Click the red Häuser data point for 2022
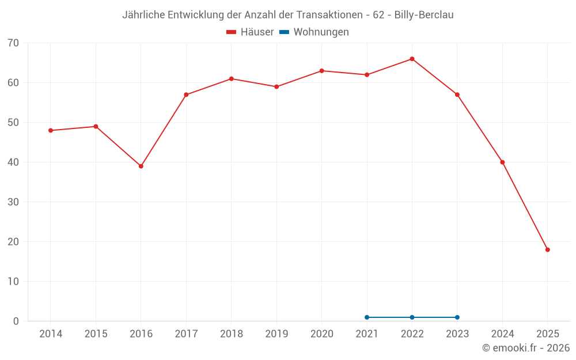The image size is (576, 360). click(412, 59)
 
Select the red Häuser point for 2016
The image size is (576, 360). click(141, 166)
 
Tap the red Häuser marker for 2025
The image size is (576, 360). click(547, 250)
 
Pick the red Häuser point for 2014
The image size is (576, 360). click(51, 131)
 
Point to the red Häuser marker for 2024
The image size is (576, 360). click(502, 162)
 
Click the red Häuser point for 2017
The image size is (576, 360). click(186, 94)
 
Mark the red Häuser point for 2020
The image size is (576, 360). click(321, 71)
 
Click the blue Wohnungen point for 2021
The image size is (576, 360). click(367, 317)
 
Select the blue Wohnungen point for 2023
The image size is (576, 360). click(457, 317)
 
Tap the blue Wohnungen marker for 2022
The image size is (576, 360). click(412, 317)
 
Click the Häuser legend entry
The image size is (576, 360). click(250, 32)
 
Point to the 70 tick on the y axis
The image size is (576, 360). click(13, 43)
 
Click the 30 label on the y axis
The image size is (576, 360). click(13, 202)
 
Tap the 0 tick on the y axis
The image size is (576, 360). click(16, 321)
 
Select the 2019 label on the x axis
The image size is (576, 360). click(276, 334)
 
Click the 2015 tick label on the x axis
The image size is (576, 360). click(96, 334)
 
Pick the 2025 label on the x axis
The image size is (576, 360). click(547, 334)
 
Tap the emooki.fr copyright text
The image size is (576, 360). click(525, 348)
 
